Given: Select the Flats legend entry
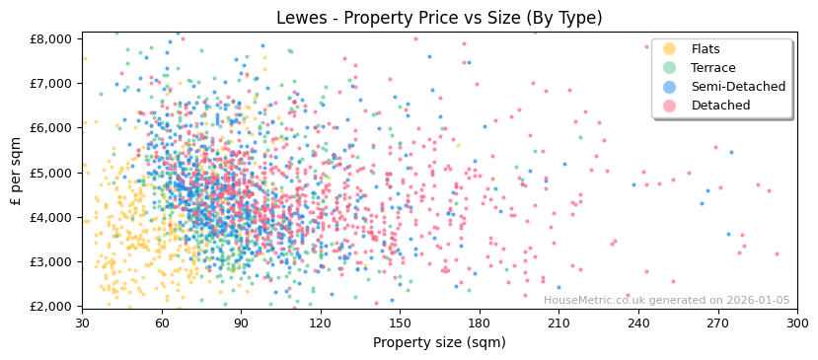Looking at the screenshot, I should point(705,49).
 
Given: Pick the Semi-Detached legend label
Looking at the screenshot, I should point(738,87).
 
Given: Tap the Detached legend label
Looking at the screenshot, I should point(720,106).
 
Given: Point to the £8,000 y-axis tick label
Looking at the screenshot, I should point(51,38).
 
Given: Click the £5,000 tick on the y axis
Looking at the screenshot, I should point(51,173).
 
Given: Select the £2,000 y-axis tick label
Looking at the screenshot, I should point(51,306).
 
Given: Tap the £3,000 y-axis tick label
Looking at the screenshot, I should point(51,261).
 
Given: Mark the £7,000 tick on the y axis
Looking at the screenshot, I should point(51,83).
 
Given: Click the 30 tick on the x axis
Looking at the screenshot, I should point(82,323).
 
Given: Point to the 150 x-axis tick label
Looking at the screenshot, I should point(400,323).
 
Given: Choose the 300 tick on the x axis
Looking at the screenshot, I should point(797,323).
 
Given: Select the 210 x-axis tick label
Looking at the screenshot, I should point(558,323).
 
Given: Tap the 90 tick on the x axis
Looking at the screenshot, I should point(241,323).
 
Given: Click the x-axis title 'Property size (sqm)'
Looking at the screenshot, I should point(439,342).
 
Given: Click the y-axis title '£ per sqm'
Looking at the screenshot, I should point(17,173).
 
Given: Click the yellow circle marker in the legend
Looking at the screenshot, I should point(670,49).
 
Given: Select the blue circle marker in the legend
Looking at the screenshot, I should point(670,87).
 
